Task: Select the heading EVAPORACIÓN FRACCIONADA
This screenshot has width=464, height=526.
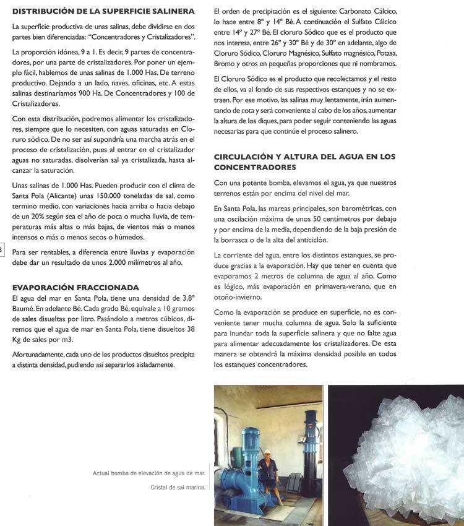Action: [x=75, y=288]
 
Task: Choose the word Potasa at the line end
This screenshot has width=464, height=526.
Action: [x=386, y=54]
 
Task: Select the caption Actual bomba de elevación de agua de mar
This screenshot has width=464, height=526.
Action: [x=149, y=474]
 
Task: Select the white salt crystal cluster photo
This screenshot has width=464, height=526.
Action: [x=396, y=455]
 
